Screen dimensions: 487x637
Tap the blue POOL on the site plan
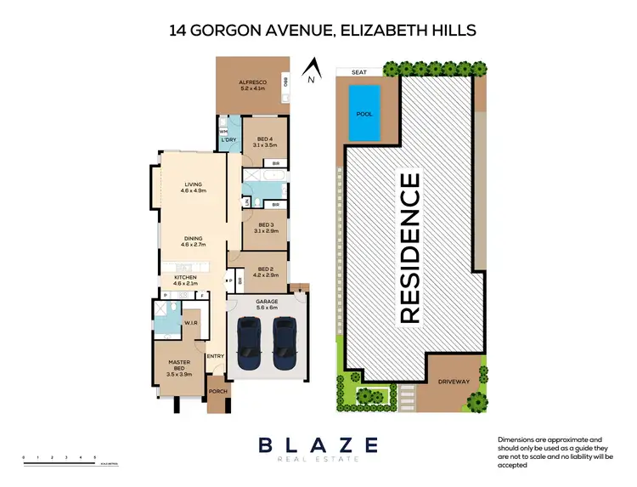(x=364, y=113)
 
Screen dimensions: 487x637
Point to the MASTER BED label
(x=178, y=365)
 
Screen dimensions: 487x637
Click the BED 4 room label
(x=264, y=142)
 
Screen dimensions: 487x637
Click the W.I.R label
(x=193, y=324)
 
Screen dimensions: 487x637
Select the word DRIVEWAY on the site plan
(x=453, y=382)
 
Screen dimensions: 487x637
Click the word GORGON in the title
(x=231, y=31)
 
